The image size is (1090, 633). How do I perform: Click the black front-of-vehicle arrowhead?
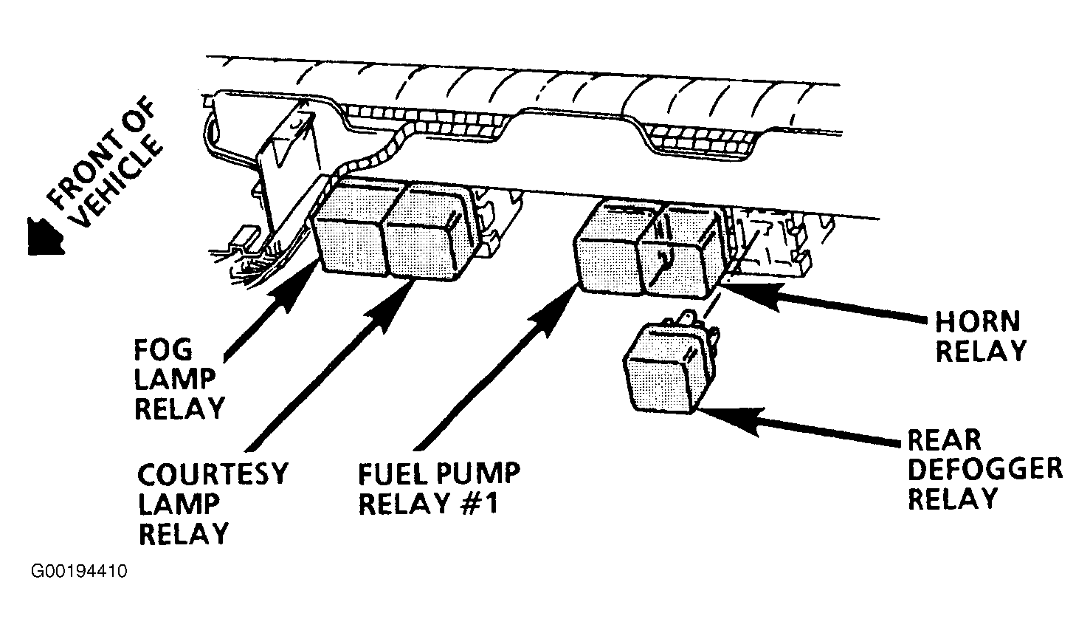tap(45, 236)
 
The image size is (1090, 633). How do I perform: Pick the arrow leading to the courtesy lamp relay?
tap(331, 365)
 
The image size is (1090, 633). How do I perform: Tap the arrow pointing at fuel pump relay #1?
tap(497, 368)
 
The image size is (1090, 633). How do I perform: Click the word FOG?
tap(164, 349)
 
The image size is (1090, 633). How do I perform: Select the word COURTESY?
tap(213, 474)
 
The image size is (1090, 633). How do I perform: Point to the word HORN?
tap(977, 321)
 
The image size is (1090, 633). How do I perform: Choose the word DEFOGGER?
tap(985, 469)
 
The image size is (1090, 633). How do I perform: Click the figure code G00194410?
tap(79, 571)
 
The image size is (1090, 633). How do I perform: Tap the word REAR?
tap(944, 440)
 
